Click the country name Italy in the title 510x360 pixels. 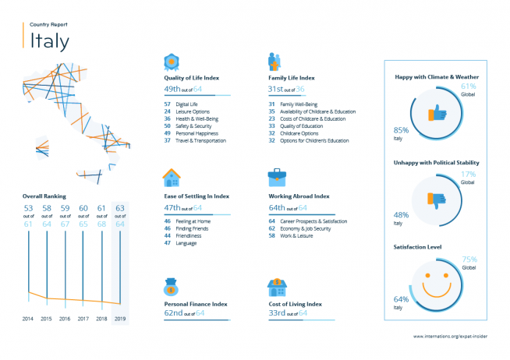point(49,41)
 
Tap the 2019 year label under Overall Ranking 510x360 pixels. point(120,319)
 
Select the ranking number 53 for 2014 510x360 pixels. point(28,208)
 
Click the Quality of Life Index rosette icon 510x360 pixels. point(172,62)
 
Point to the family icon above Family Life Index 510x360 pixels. point(274,62)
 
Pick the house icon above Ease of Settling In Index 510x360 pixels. point(172,178)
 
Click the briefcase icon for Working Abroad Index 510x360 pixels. point(277,178)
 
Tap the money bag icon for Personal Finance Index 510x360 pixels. point(171,287)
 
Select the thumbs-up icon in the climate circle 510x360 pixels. point(437,113)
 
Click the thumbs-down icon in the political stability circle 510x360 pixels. point(437,200)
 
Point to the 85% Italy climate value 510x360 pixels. point(401,130)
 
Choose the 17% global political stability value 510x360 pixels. point(469,174)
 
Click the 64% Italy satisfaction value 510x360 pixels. point(401,299)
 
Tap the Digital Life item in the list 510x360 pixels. point(186,104)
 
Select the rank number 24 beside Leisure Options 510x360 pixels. point(167,111)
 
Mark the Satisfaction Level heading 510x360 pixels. point(417,247)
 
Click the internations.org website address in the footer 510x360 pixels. point(451,337)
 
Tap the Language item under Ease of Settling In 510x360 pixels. point(186,243)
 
